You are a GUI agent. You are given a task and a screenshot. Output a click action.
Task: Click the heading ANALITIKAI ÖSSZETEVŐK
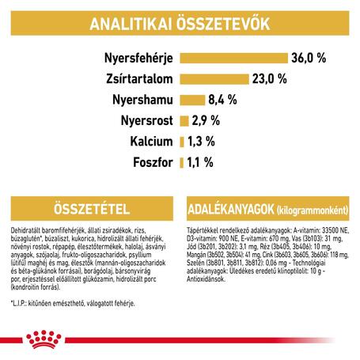[180, 23]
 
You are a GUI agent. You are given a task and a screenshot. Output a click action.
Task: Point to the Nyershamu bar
[192, 100]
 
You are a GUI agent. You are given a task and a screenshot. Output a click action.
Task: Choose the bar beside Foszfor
[183, 162]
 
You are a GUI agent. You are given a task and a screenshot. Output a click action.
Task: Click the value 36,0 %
[311, 58]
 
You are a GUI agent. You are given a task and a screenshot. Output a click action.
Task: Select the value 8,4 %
[225, 100]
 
